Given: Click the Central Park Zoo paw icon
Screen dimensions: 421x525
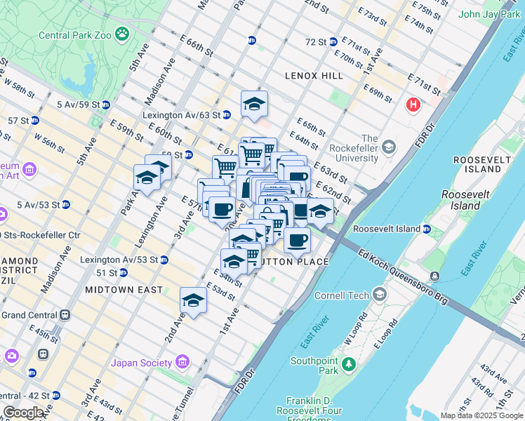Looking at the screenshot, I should click(123, 33).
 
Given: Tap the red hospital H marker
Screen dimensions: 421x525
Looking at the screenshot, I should click(413, 105).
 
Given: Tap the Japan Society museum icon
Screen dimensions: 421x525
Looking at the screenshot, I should click(182, 362).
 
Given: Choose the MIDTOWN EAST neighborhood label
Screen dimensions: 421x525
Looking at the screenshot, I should click(124, 289).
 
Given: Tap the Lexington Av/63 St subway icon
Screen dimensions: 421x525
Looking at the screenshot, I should click(227, 115).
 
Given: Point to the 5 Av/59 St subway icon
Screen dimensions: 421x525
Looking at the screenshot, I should click(105, 105).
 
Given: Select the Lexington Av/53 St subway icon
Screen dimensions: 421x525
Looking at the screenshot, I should click(164, 260).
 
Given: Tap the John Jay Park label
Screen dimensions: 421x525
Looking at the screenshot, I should click(489, 14).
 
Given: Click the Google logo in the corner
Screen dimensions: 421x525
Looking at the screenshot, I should click(23, 413).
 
